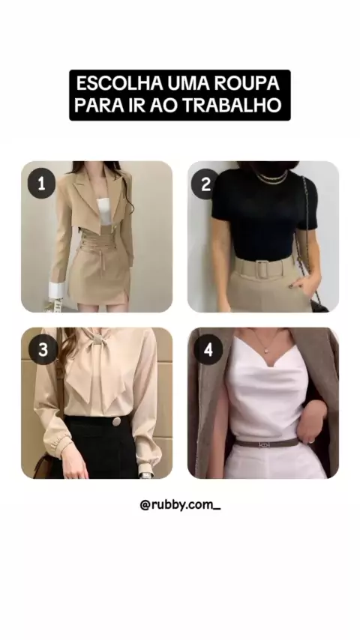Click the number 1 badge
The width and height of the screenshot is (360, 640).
click(41, 184)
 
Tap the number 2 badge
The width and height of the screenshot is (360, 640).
click(205, 184)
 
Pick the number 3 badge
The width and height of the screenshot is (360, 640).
click(43, 350)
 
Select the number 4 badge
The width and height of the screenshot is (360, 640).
click(208, 350)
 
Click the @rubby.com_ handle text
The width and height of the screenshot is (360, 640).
click(180, 505)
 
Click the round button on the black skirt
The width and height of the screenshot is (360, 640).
click(116, 421)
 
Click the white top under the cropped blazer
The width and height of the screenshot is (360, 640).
click(103, 211)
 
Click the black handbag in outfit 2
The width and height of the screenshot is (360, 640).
click(319, 305)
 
